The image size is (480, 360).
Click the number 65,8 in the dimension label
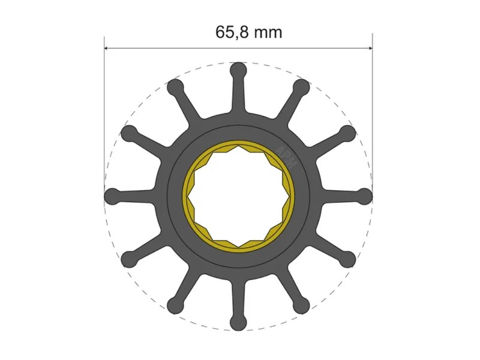tap(232, 32)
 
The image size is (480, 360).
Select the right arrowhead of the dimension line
tap(370, 48)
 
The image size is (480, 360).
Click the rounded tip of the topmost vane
tap(238, 71)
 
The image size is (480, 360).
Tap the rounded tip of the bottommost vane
tap(238, 322)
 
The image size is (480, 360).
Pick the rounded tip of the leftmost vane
tap(113, 196)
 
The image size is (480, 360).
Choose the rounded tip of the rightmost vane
tap(364, 196)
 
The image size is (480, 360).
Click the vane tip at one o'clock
tap(301, 88)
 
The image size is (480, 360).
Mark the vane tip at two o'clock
tap(347, 133)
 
